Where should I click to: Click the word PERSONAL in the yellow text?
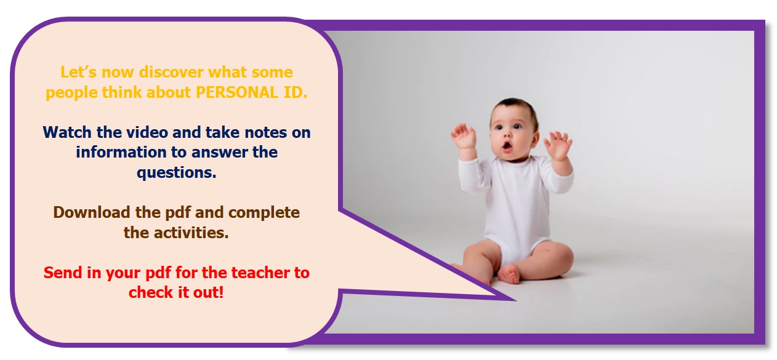pyautogui.click(x=236, y=92)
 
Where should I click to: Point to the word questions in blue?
pyautogui.click(x=176, y=173)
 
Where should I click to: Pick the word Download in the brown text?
pyautogui.click(x=92, y=212)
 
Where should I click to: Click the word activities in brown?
pyautogui.click(x=191, y=233)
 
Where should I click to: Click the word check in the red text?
pyautogui.click(x=151, y=292)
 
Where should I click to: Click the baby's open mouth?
pyautogui.click(x=507, y=146)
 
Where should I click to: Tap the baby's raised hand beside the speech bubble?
pyautogui.click(x=464, y=135)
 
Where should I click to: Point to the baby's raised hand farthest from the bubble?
pyautogui.click(x=557, y=145)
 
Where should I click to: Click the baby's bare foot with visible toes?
pyautogui.click(x=509, y=274)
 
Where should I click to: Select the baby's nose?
pyautogui.click(x=507, y=134)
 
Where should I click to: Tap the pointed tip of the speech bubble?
pyautogui.click(x=515, y=300)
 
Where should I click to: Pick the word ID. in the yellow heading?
pyautogui.click(x=296, y=92)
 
